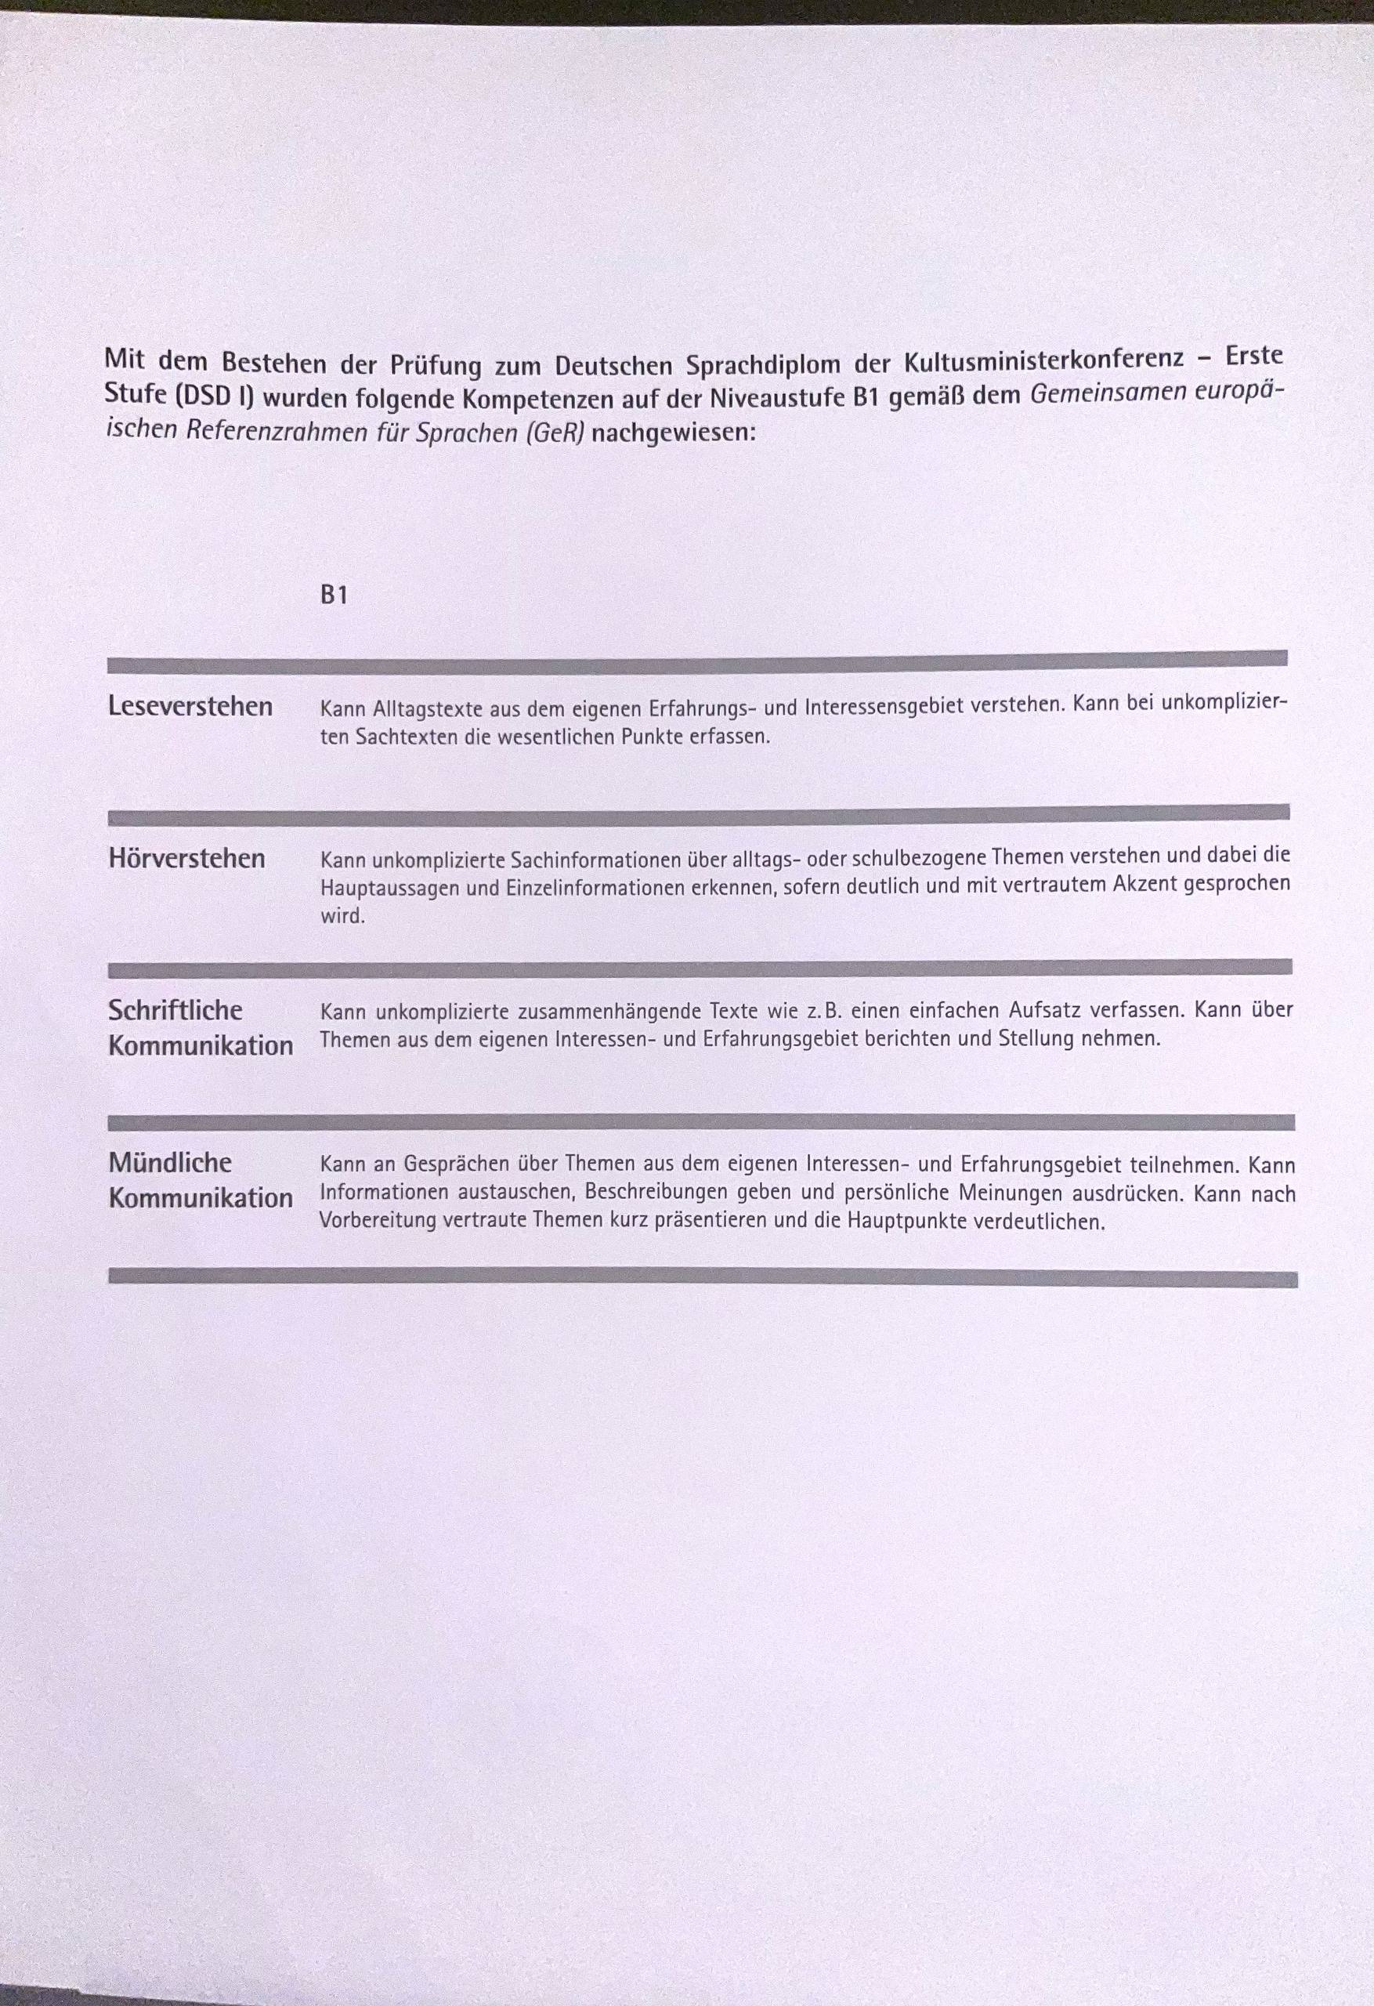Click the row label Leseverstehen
[190, 706]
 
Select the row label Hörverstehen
[186, 858]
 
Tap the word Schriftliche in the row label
[175, 1010]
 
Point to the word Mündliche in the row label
[170, 1162]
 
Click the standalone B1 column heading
[333, 595]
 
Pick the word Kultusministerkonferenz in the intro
[1044, 359]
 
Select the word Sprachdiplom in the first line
[763, 364]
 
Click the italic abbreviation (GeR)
[555, 433]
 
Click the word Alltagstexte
[427, 709]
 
